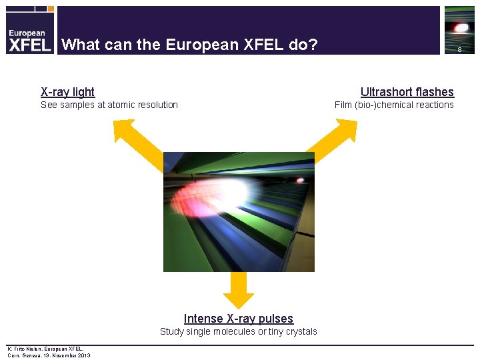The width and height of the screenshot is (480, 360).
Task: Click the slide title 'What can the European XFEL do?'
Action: [x=189, y=45]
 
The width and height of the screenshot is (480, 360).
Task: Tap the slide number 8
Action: [x=459, y=49]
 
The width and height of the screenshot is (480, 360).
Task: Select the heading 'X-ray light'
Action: [x=68, y=92]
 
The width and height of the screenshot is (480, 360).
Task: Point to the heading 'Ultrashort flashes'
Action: [x=407, y=92]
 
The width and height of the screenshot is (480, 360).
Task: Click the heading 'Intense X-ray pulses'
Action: [x=239, y=319]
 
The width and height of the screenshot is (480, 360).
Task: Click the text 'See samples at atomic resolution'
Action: [x=109, y=105]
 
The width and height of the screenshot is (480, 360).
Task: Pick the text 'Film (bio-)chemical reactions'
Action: [x=394, y=105]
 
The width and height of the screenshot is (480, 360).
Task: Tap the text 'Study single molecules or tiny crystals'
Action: [x=239, y=331]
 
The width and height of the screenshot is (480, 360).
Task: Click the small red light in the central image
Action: [x=300, y=180]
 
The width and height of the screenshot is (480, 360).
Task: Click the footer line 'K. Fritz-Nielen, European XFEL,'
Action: [x=45, y=349]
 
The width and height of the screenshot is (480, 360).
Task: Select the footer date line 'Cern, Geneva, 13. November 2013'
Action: [x=49, y=355]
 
